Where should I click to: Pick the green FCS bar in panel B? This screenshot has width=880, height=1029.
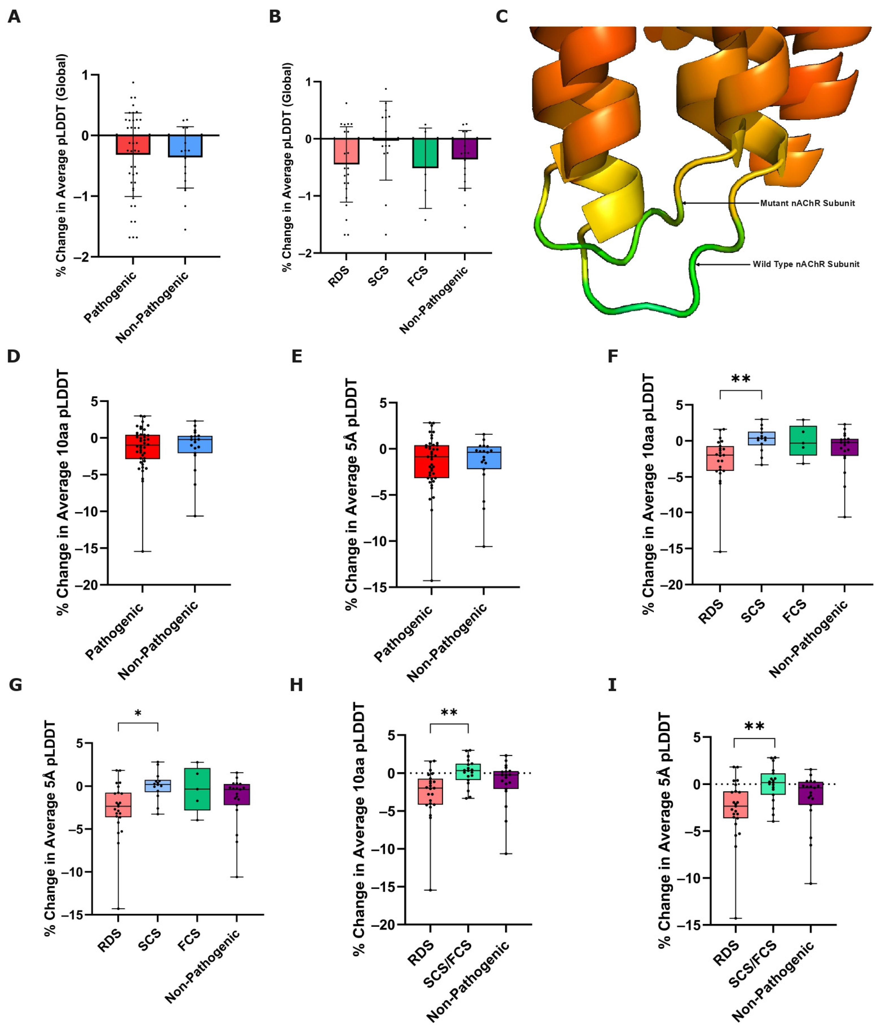point(425,153)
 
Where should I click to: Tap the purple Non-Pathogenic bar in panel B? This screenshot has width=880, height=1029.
point(465,148)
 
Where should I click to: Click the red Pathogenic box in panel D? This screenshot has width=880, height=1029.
point(143,447)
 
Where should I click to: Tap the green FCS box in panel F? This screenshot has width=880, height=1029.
point(803,441)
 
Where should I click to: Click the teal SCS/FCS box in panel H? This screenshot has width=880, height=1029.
point(468,771)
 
